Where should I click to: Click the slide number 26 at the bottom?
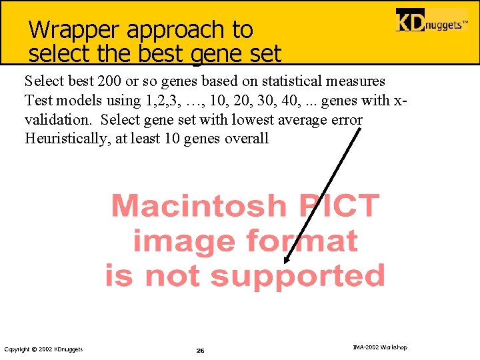pyautogui.click(x=200, y=350)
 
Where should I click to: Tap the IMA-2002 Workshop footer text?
pyautogui.click(x=379, y=347)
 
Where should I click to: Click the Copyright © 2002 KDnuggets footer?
pyautogui.click(x=43, y=349)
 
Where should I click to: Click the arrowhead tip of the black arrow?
pyautogui.click(x=285, y=263)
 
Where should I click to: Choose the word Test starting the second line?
pyautogui.click(x=37, y=101)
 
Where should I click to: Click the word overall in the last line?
pyautogui.click(x=247, y=139)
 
